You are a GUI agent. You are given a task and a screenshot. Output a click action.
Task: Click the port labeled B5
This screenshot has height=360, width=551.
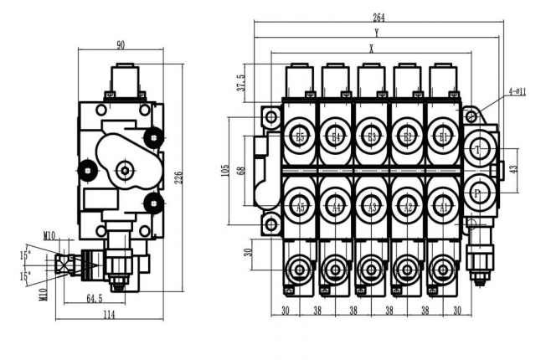point(301,136)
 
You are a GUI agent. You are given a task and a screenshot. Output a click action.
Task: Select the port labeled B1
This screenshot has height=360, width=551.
point(443,136)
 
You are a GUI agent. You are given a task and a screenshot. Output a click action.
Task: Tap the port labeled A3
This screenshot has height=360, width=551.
point(372,206)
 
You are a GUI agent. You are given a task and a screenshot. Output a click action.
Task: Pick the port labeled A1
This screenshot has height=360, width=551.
point(443,206)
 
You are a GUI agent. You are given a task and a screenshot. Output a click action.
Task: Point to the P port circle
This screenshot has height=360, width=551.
point(478,193)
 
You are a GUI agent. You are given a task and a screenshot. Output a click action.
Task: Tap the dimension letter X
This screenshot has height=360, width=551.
point(371,49)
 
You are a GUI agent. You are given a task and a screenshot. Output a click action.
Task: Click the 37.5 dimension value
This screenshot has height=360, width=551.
point(241,81)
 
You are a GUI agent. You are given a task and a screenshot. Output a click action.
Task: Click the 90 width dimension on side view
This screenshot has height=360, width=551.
point(121,45)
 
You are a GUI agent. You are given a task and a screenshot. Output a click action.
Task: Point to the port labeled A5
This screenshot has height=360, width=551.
point(301,206)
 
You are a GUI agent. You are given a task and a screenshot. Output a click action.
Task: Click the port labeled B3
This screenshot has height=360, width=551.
point(372,136)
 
